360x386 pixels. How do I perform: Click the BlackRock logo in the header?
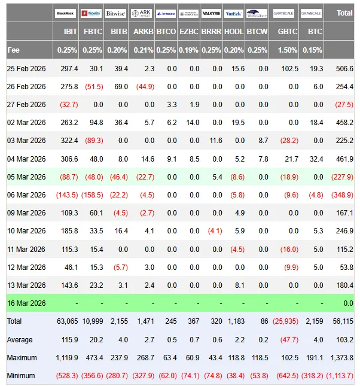coord(66,13)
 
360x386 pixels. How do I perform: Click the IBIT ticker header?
coord(69,31)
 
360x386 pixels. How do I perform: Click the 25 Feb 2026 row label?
coord(27,69)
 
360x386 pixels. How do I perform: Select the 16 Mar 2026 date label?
coord(27,303)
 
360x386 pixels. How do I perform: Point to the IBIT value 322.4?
coord(67,141)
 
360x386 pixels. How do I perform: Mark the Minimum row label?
coord(20,375)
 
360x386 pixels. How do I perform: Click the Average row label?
coord(19,339)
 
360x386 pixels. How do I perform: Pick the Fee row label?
coord(14,50)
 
